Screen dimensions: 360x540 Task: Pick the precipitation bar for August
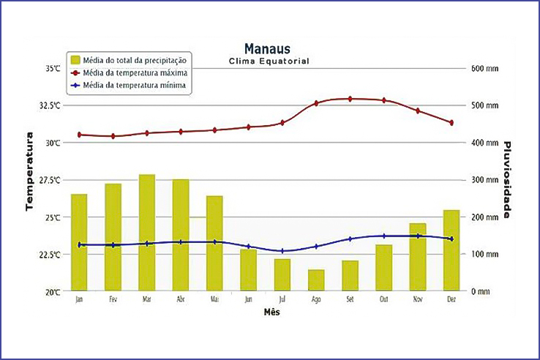(316, 280)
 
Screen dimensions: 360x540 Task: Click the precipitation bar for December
(451, 250)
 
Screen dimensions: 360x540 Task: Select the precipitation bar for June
(249, 270)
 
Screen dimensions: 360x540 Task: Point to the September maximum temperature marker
(350, 99)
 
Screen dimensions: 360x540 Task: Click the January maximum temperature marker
(79, 135)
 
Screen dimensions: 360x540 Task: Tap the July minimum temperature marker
(282, 251)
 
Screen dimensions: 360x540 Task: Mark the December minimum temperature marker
(451, 239)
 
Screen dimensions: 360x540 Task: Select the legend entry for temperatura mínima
(134, 86)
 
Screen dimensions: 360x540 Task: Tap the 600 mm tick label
(484, 68)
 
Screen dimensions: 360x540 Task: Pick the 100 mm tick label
(484, 254)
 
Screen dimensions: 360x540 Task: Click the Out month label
(384, 299)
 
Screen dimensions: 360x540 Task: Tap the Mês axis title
(271, 312)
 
